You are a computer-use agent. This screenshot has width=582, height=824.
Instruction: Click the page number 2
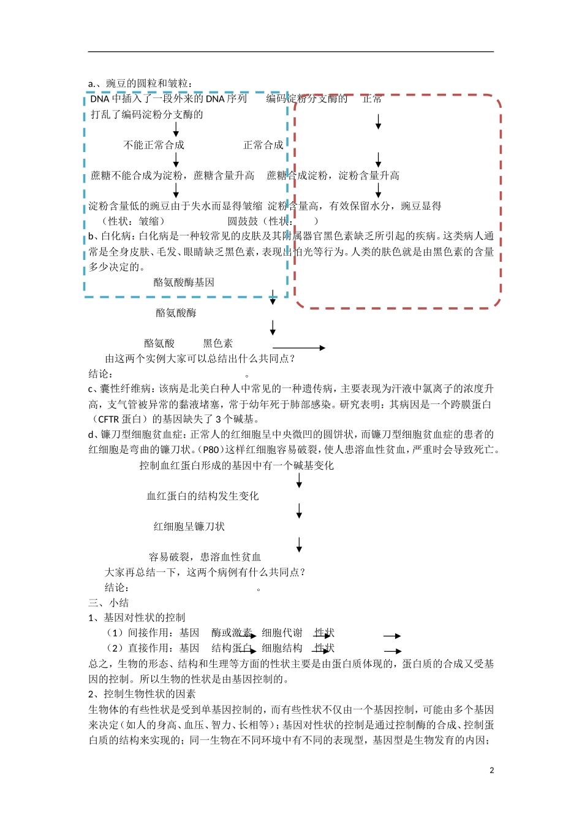(491, 770)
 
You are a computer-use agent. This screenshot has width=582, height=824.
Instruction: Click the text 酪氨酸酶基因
(184, 283)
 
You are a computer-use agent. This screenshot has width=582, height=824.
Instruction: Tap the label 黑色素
(218, 343)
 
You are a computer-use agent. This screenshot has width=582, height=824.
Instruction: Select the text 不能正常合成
(154, 145)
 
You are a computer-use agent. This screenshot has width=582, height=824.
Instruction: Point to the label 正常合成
(263, 145)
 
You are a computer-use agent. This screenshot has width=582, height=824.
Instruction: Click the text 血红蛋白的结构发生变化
(203, 496)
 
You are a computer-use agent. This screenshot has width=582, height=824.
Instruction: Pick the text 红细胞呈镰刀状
(189, 527)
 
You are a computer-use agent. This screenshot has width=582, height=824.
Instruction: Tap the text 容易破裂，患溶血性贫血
(205, 557)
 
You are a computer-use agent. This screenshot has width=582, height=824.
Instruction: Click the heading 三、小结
(108, 603)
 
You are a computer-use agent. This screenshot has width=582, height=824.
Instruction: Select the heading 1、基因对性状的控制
(137, 618)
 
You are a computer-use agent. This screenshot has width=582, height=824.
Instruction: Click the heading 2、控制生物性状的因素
(142, 694)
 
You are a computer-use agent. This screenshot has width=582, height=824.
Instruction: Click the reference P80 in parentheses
(211, 450)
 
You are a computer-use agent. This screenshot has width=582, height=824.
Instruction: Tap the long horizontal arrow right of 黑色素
(298, 348)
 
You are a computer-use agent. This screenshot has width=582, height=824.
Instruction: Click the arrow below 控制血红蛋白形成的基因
(299, 481)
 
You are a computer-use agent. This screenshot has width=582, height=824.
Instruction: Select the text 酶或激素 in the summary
(232, 633)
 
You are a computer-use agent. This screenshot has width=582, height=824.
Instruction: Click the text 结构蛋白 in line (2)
(232, 648)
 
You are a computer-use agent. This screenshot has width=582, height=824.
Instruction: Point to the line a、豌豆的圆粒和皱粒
(140, 83)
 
